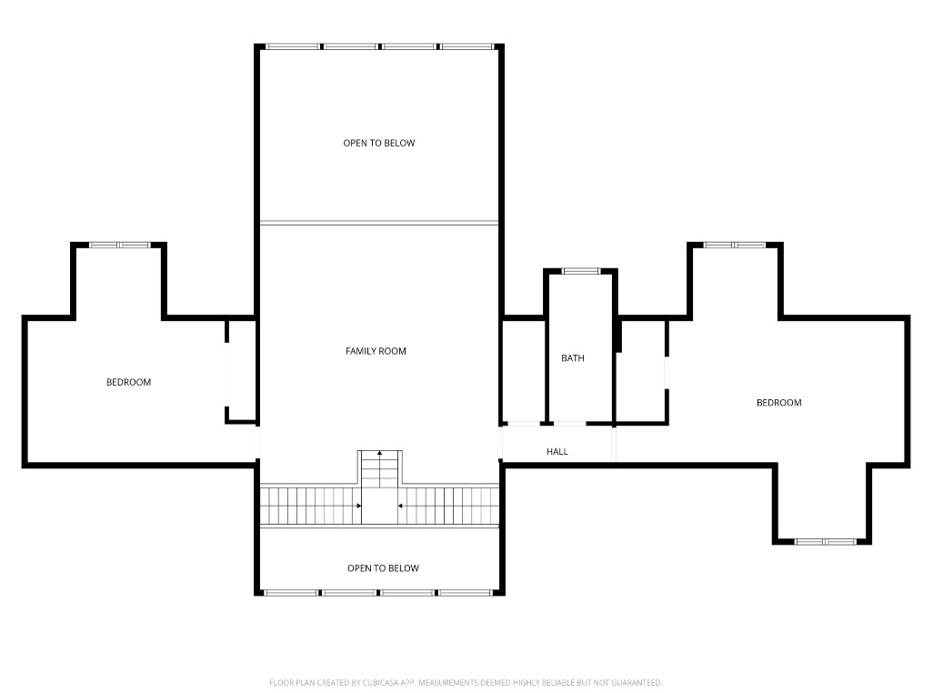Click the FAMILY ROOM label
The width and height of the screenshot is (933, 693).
click(x=376, y=351)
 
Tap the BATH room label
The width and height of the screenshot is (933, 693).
click(x=573, y=358)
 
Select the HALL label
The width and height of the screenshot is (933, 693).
click(x=557, y=452)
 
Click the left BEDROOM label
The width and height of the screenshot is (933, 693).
click(x=128, y=383)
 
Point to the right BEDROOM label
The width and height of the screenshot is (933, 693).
click(x=779, y=403)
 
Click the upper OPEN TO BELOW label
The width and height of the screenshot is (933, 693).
click(x=378, y=144)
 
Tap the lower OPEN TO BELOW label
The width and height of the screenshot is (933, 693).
click(x=383, y=568)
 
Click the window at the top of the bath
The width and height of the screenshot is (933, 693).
click(x=581, y=271)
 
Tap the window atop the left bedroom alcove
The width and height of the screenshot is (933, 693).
click(x=119, y=245)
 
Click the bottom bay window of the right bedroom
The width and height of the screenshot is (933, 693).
click(x=825, y=542)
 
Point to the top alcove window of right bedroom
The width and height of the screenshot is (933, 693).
click(x=735, y=245)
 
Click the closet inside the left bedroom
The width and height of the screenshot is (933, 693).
click(x=242, y=371)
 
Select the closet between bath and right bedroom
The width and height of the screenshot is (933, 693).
click(x=641, y=371)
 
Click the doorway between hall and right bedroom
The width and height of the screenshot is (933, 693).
click(x=614, y=445)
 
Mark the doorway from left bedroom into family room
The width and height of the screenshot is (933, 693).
click(x=258, y=445)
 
